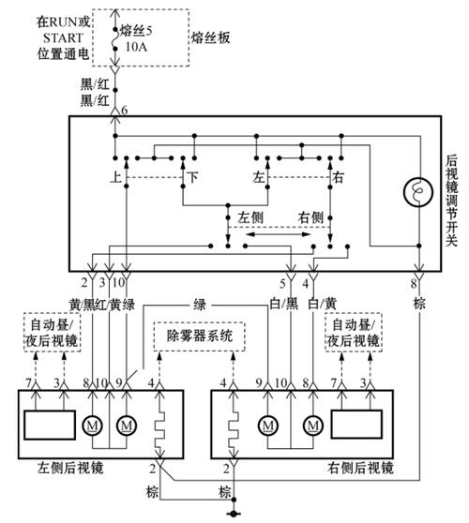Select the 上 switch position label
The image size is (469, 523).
coord(115,176)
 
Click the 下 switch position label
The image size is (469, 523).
coord(192,176)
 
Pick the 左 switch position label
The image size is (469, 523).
coord(258,176)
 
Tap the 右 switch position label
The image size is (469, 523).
coord(338,176)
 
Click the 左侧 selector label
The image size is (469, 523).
coord(250,217)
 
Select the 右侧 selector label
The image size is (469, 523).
coord(310,217)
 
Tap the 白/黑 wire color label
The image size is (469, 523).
coord(283,304)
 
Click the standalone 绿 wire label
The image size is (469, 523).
coord(200,305)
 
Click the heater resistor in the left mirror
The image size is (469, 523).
coord(159,426)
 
